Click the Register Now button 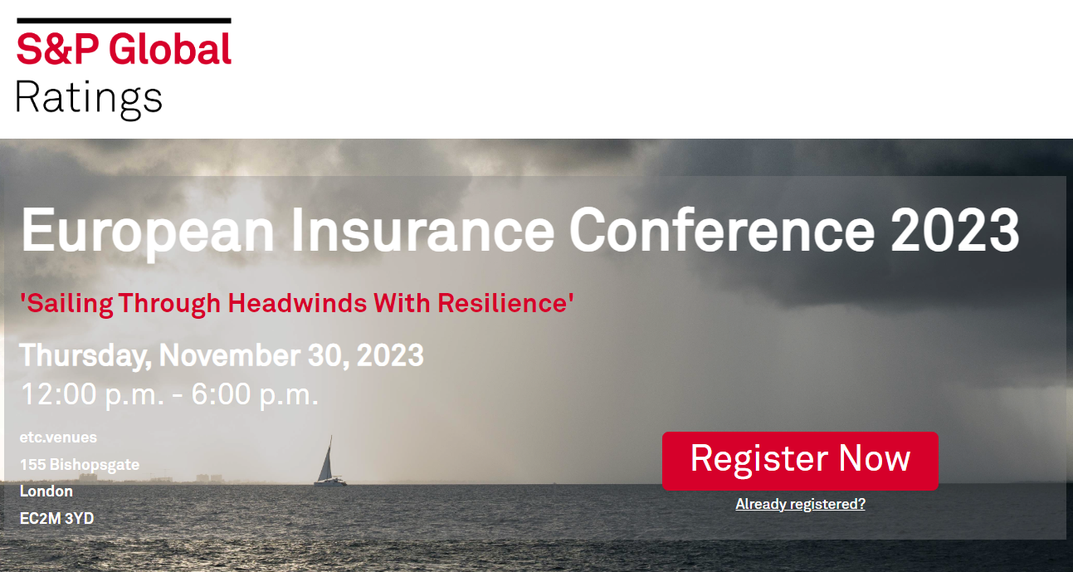point(800,460)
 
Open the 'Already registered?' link point(800,504)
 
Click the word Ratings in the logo point(89,98)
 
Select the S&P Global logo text point(124,50)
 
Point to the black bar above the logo point(124,20)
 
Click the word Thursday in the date point(83,355)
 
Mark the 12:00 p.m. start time point(92,394)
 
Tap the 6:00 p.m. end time point(255,394)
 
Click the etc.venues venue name point(58,437)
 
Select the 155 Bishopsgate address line point(80,464)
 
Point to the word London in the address point(46,491)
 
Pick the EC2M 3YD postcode point(56,518)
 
